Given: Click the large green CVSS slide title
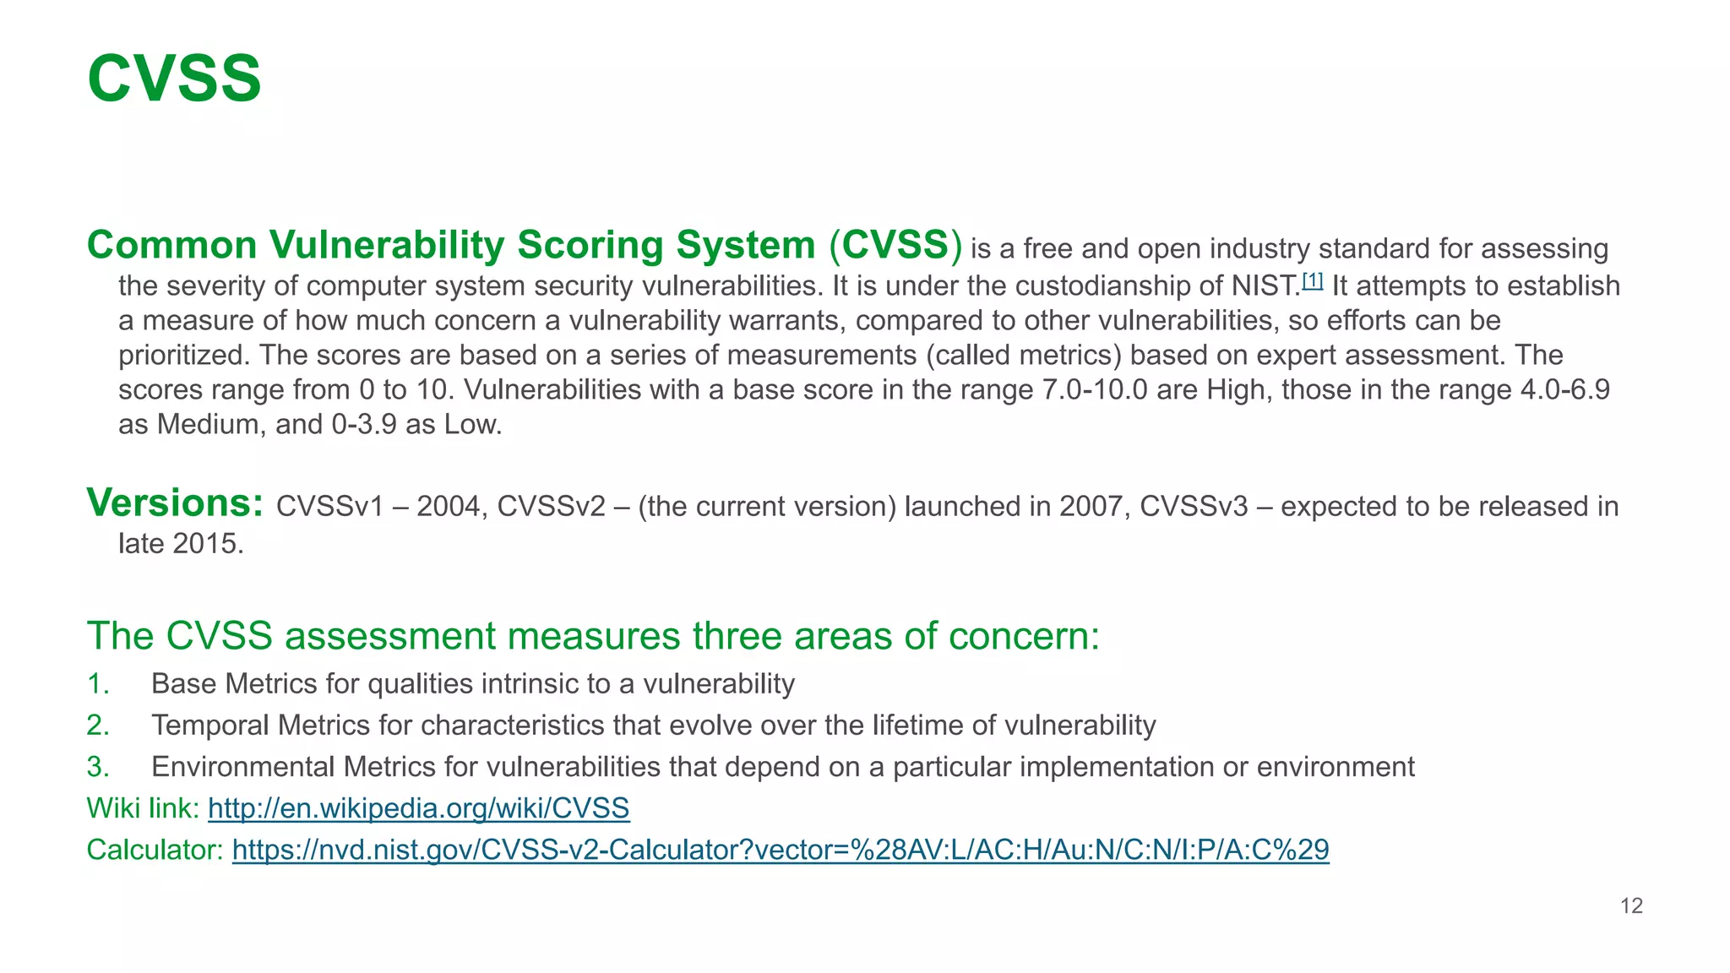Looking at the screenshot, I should pos(174,79).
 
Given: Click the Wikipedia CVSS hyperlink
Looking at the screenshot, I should pos(418,808).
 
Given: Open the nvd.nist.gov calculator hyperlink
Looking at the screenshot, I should pos(780,850).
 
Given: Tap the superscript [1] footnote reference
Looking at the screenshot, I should pos(1312,280).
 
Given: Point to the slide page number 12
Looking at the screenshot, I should pos(1631,906).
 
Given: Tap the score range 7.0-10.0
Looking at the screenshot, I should pos(1095,390).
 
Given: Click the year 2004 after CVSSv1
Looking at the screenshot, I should pos(448,507).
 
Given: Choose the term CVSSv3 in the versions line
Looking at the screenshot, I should pos(1193,507).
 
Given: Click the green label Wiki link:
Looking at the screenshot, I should pos(143,808).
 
